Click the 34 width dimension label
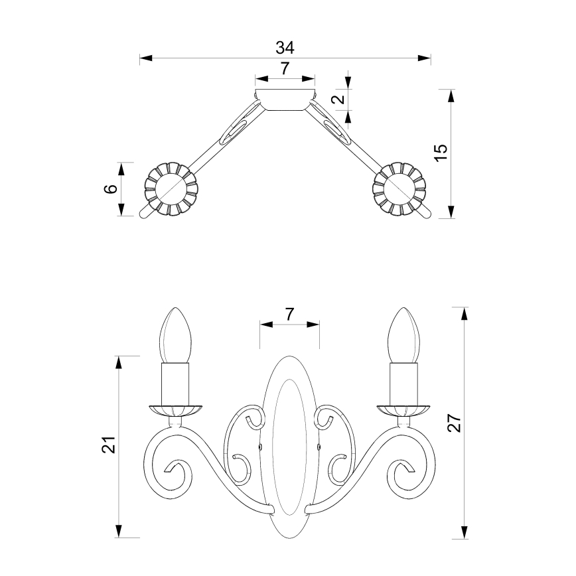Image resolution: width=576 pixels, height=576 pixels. (285, 48)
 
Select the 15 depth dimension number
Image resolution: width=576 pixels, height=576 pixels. (441, 152)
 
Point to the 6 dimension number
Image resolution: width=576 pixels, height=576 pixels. (111, 188)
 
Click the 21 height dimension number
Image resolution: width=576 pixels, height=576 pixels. (108, 445)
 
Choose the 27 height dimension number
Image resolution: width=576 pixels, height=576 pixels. (454, 423)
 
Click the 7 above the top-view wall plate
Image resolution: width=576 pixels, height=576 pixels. (285, 69)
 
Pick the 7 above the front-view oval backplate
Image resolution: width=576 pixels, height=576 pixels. (289, 315)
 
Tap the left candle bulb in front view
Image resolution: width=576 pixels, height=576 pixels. (176, 335)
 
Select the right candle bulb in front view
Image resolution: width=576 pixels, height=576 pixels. (403, 335)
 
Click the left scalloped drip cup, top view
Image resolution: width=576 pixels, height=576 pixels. (171, 189)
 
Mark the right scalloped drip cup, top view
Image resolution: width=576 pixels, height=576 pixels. (399, 189)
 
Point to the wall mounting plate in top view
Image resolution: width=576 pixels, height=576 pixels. (285, 99)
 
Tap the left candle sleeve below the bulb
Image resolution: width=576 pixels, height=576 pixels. (176, 383)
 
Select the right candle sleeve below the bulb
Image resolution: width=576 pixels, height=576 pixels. (403, 383)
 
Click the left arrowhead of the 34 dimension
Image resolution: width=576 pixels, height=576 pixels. (146, 58)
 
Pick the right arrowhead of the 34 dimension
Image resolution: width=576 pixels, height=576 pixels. (425, 58)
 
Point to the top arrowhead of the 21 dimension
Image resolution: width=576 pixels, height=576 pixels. (119, 362)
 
